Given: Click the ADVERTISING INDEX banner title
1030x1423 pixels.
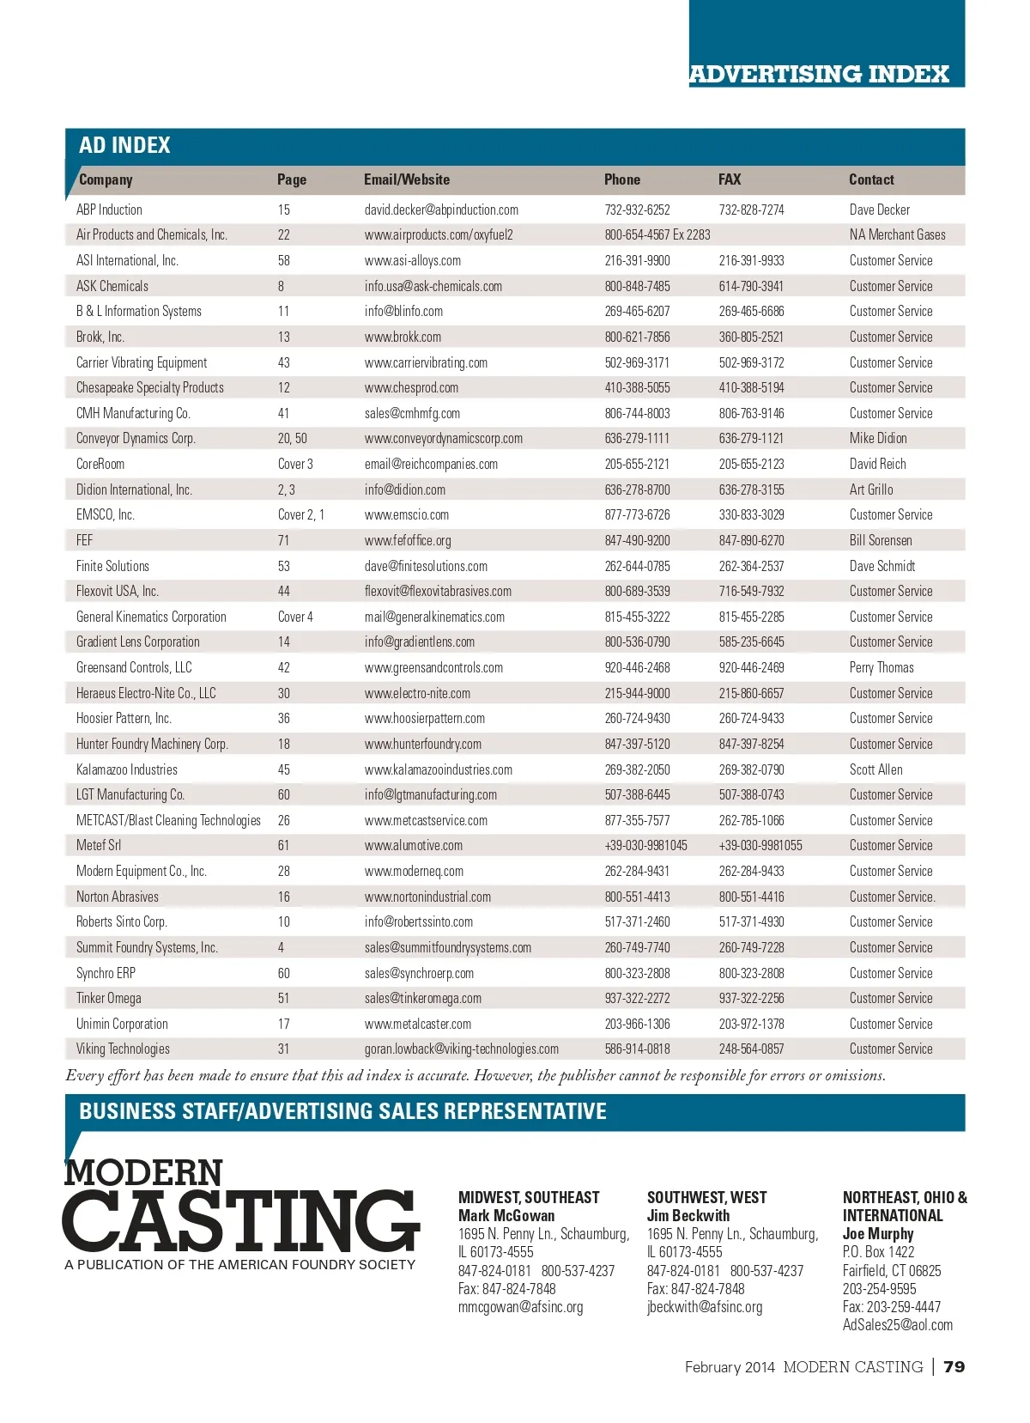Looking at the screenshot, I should click(819, 74).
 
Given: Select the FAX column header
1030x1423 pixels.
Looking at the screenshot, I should click(730, 179).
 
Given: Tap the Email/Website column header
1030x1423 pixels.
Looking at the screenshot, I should click(406, 179).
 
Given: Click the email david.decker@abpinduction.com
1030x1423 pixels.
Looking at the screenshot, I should click(441, 210).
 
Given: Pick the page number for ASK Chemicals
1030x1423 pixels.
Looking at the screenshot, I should click(281, 286).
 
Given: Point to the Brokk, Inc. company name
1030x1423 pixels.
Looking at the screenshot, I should click(100, 337).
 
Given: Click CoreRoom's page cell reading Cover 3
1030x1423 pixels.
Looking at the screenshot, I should click(295, 464).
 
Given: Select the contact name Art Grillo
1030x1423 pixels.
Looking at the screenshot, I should click(870, 490).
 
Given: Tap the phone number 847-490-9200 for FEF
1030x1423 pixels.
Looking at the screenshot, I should click(637, 540).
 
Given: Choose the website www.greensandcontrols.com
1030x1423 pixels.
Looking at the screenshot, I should click(433, 667).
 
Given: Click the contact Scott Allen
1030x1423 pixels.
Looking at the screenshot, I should click(875, 769).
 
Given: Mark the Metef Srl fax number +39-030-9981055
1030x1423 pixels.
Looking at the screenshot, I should click(760, 845).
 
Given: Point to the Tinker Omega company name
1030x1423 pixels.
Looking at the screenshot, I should click(108, 998).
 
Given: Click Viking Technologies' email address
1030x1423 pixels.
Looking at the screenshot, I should click(461, 1049).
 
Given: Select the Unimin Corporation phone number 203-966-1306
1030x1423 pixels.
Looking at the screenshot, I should click(637, 1024).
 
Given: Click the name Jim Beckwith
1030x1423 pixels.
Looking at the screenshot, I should click(688, 1215).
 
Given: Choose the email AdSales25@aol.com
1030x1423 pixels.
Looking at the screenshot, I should click(897, 1324).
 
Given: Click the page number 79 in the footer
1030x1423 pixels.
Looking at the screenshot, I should click(954, 1366).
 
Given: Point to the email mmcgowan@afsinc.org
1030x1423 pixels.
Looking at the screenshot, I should click(520, 1306).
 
